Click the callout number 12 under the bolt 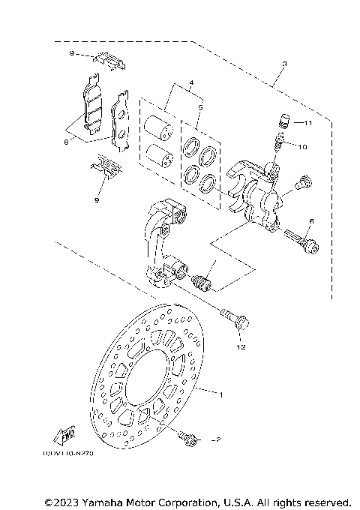pyautogui.click(x=241, y=347)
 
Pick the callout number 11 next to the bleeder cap pyautogui.click(x=307, y=121)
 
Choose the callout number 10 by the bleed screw pyautogui.click(x=302, y=147)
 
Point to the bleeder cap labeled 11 pyautogui.click(x=283, y=120)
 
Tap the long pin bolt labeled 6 pyautogui.click(x=301, y=241)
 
